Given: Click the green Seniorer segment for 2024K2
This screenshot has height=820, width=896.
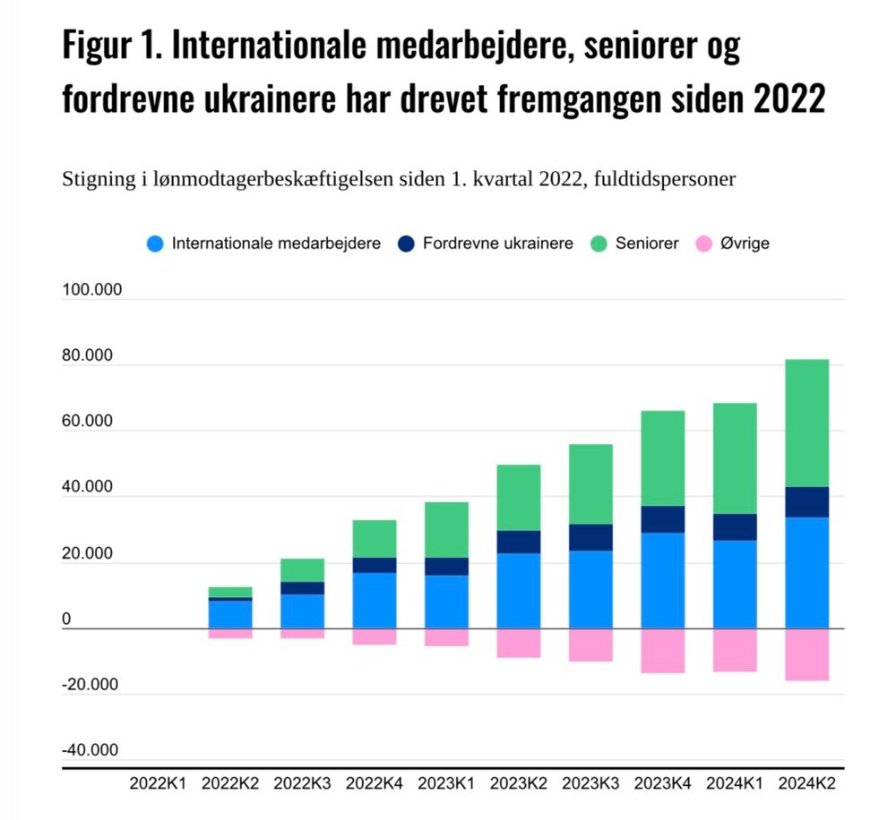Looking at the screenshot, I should coord(807,423).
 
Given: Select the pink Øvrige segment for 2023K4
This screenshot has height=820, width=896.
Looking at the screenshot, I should coord(662,650).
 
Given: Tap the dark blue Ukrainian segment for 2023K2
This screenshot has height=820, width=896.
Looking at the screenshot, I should coord(518,542).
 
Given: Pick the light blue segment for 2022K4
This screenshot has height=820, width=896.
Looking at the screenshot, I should coord(374,600).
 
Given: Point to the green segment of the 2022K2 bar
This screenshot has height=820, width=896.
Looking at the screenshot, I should coord(230,592).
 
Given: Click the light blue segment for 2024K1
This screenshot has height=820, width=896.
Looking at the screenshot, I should coord(735,584).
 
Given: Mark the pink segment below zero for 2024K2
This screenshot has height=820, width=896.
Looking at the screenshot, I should coord(807,654).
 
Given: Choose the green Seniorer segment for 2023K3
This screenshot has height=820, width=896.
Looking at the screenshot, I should coord(590,483).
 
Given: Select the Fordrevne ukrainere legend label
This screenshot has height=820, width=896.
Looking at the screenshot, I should coord(497,243).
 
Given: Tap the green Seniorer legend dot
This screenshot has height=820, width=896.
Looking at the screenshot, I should coord(599,243).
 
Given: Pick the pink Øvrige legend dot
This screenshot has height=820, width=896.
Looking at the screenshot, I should coord(703,243).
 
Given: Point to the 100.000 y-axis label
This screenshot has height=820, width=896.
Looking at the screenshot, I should coord(92,291).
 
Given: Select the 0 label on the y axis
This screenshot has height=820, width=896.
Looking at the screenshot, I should coord(66,619).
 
